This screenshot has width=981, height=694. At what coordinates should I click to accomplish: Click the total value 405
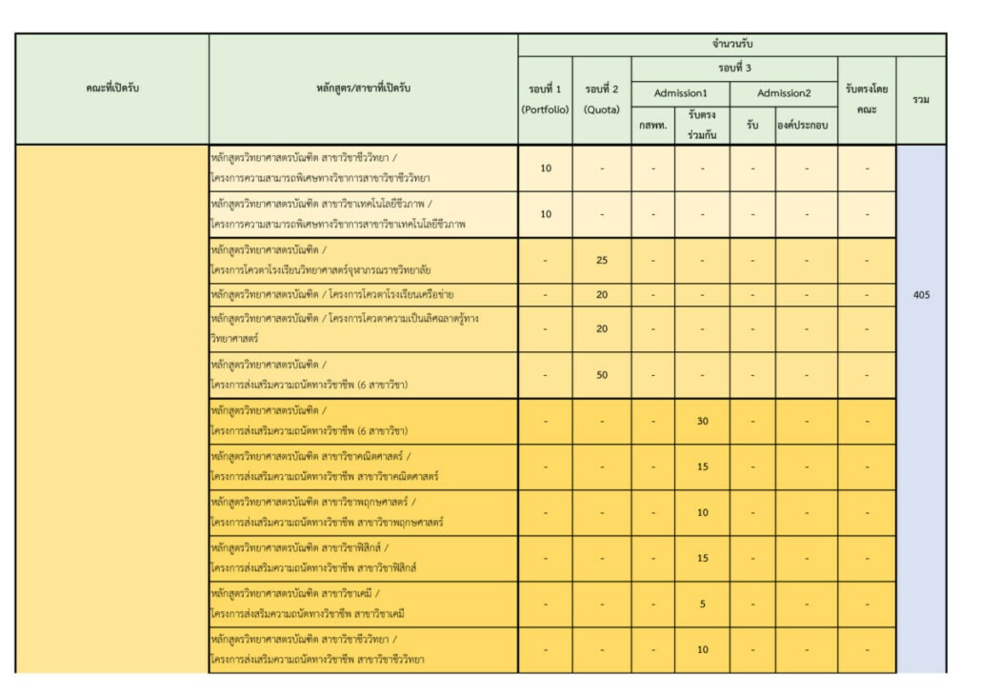[x=921, y=295]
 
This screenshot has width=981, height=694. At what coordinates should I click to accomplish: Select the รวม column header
[x=921, y=100]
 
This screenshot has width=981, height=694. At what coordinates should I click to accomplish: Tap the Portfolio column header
[x=546, y=100]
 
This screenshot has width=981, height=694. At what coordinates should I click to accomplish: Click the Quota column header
[x=602, y=100]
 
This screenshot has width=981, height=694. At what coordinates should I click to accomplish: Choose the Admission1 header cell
[x=680, y=93]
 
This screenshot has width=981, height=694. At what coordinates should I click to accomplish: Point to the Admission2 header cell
[x=784, y=93]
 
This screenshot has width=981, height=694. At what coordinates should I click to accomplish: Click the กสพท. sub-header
[x=652, y=125]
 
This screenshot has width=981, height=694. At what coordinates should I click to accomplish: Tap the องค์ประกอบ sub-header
[x=806, y=125]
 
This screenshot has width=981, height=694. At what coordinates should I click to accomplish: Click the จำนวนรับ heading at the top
[x=731, y=45]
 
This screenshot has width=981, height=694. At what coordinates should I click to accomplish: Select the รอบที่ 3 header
[x=734, y=69]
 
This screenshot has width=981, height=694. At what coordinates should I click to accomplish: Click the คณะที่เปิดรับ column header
[x=112, y=89]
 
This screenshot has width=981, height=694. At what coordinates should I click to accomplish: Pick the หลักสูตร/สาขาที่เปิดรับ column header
[x=364, y=89]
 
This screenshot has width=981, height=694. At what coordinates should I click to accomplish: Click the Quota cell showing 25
[x=602, y=260]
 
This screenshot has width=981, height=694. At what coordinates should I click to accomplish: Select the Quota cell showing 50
[x=602, y=375]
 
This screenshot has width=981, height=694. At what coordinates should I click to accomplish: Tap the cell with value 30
[x=703, y=421]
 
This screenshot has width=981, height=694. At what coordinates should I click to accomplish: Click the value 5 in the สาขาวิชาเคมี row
[x=703, y=604]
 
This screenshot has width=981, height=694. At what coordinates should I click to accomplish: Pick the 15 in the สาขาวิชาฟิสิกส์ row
[x=703, y=558]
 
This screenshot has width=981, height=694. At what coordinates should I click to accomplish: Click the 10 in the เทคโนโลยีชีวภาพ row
[x=546, y=214]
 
